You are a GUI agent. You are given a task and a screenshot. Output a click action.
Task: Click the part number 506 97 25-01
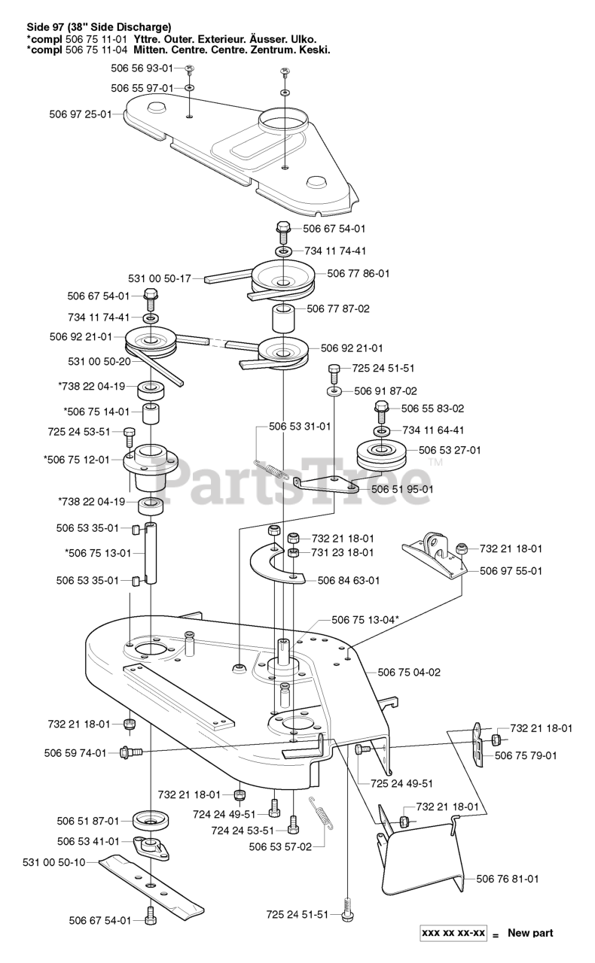click(80, 114)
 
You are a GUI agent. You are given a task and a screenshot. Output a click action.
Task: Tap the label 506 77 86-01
click(359, 274)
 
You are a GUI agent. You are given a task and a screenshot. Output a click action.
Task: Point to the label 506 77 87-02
click(338, 308)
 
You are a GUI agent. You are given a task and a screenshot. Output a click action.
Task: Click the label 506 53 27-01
click(450, 450)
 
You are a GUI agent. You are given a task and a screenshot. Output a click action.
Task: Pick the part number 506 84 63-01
click(349, 580)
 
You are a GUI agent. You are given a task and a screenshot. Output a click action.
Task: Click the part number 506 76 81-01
click(508, 878)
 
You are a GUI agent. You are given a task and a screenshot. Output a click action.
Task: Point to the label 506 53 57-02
click(280, 846)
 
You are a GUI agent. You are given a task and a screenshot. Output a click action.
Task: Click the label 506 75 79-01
click(526, 755)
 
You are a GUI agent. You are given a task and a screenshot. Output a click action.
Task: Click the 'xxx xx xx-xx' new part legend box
click(453, 934)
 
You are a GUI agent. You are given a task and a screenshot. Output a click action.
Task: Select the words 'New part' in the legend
click(530, 934)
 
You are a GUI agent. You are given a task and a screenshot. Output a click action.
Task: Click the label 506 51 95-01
click(402, 489)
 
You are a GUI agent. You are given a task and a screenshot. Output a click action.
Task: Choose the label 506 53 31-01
click(300, 426)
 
